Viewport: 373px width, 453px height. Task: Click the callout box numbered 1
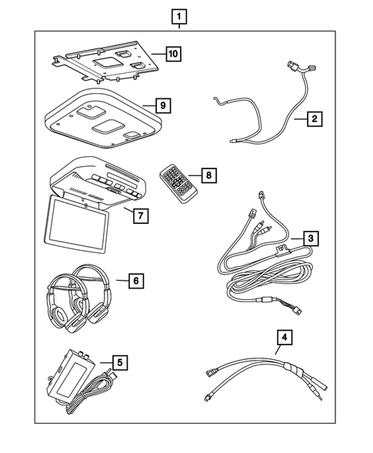tap(178, 15)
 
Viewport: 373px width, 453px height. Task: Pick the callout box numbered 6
tap(135, 281)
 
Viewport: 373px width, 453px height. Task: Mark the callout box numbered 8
tap(207, 175)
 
